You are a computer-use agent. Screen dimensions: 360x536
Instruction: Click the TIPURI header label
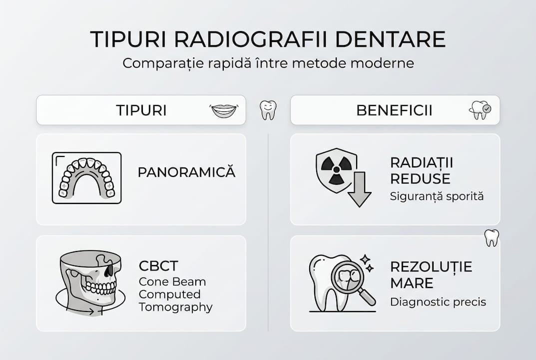click(141, 110)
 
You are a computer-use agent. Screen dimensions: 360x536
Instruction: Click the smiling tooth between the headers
click(268, 110)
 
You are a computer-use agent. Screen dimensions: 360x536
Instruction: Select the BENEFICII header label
click(395, 110)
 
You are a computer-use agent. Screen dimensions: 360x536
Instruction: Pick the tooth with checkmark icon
click(480, 110)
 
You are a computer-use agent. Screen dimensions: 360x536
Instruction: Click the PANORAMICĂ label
click(186, 172)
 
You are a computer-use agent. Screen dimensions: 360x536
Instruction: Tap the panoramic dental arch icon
click(87, 178)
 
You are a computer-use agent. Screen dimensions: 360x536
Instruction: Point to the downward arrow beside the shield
click(359, 189)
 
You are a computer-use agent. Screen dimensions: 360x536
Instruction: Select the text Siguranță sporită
click(437, 196)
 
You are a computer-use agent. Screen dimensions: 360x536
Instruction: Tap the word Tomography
click(175, 307)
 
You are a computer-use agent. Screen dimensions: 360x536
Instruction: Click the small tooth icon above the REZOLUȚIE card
click(492, 238)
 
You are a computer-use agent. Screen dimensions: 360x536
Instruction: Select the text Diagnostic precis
click(438, 302)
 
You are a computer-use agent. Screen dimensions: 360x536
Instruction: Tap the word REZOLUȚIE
click(431, 267)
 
